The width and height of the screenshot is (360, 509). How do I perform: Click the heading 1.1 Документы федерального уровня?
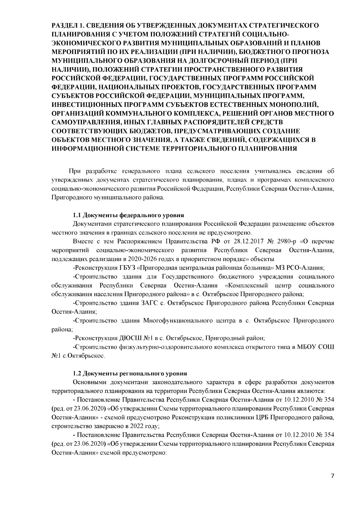pyautogui.click(x=129, y=215)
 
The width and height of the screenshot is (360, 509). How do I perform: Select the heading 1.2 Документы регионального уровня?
pyautogui.click(x=130, y=374)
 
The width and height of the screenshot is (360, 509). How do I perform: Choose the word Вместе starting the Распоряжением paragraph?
pyautogui.click(x=82, y=241)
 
